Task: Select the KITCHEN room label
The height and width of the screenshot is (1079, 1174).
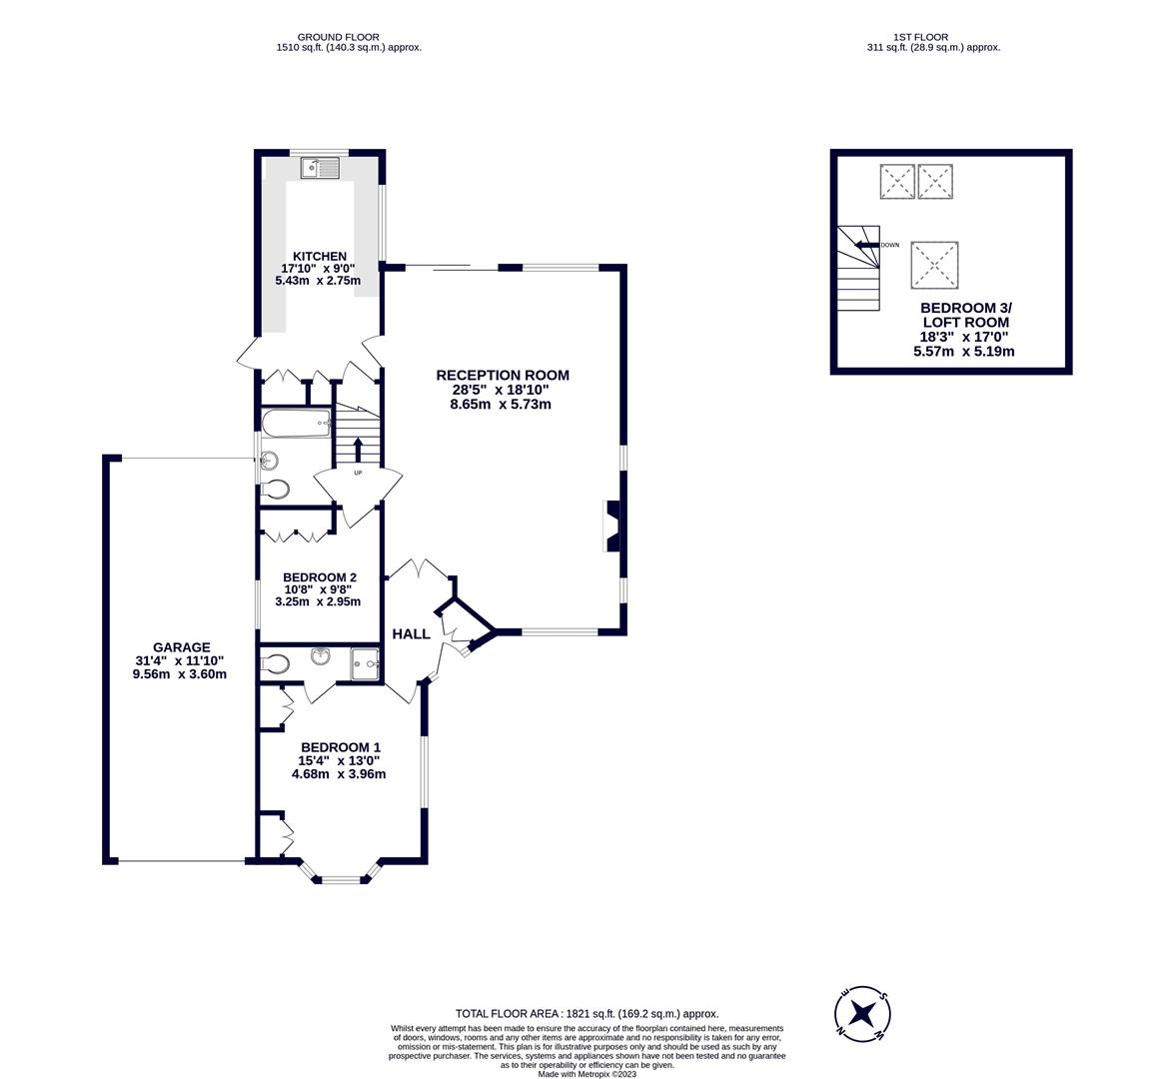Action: (x=319, y=257)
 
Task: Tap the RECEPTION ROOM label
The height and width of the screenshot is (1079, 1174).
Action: (x=502, y=376)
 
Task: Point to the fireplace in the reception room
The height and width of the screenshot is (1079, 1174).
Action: (x=612, y=526)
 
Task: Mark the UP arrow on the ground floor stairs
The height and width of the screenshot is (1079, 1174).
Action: (x=358, y=451)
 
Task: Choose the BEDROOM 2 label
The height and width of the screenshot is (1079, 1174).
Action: (x=319, y=577)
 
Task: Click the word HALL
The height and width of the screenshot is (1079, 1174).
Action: (x=411, y=634)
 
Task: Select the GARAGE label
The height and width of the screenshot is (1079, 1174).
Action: (x=181, y=647)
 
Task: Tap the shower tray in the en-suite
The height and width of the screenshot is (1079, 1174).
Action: (x=366, y=662)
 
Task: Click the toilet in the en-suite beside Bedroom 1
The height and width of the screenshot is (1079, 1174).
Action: (x=275, y=663)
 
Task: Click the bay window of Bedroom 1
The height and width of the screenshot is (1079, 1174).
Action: (x=341, y=878)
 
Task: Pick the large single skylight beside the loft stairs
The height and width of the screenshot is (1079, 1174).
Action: (x=933, y=265)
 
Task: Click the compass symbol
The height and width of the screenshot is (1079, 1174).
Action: (x=861, y=1014)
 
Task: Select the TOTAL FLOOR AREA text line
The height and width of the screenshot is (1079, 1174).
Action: (x=587, y=1013)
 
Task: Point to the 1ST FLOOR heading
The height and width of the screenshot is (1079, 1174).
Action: (x=933, y=37)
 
